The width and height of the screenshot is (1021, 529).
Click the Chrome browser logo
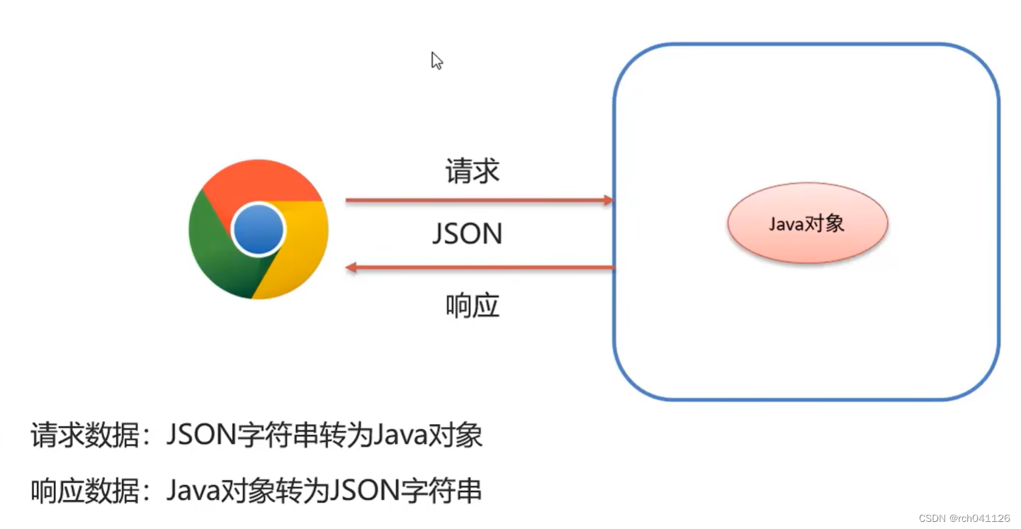tap(258, 230)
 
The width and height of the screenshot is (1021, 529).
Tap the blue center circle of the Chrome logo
tap(258, 230)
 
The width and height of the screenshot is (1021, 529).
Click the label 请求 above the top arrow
tap(473, 172)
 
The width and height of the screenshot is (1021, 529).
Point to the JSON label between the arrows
tap(468, 234)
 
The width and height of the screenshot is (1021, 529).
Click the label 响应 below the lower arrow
tap(473, 305)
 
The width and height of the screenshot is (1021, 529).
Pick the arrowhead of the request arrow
tap(607, 201)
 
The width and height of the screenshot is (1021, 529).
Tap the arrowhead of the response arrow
tap(351, 267)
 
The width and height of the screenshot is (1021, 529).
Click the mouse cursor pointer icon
tap(436, 60)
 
